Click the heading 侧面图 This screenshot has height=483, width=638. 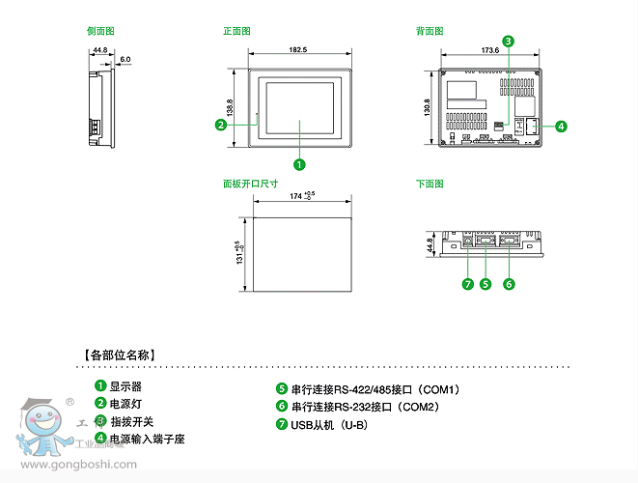(100, 32)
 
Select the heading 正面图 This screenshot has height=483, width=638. (236, 32)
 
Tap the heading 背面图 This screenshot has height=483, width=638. (430, 32)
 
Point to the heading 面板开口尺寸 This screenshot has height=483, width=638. (250, 184)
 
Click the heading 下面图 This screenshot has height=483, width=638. (430, 184)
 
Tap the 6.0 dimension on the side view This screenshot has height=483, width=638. (125, 59)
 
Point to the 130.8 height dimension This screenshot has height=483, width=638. (427, 106)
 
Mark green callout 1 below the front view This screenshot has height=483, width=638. (299, 164)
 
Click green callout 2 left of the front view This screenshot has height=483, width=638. (221, 125)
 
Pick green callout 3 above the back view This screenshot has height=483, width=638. (508, 41)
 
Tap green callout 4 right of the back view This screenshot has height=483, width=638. (561, 126)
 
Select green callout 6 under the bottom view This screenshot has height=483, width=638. (509, 284)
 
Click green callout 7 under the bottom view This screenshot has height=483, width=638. (467, 284)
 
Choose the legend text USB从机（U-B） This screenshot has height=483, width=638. (329, 424)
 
